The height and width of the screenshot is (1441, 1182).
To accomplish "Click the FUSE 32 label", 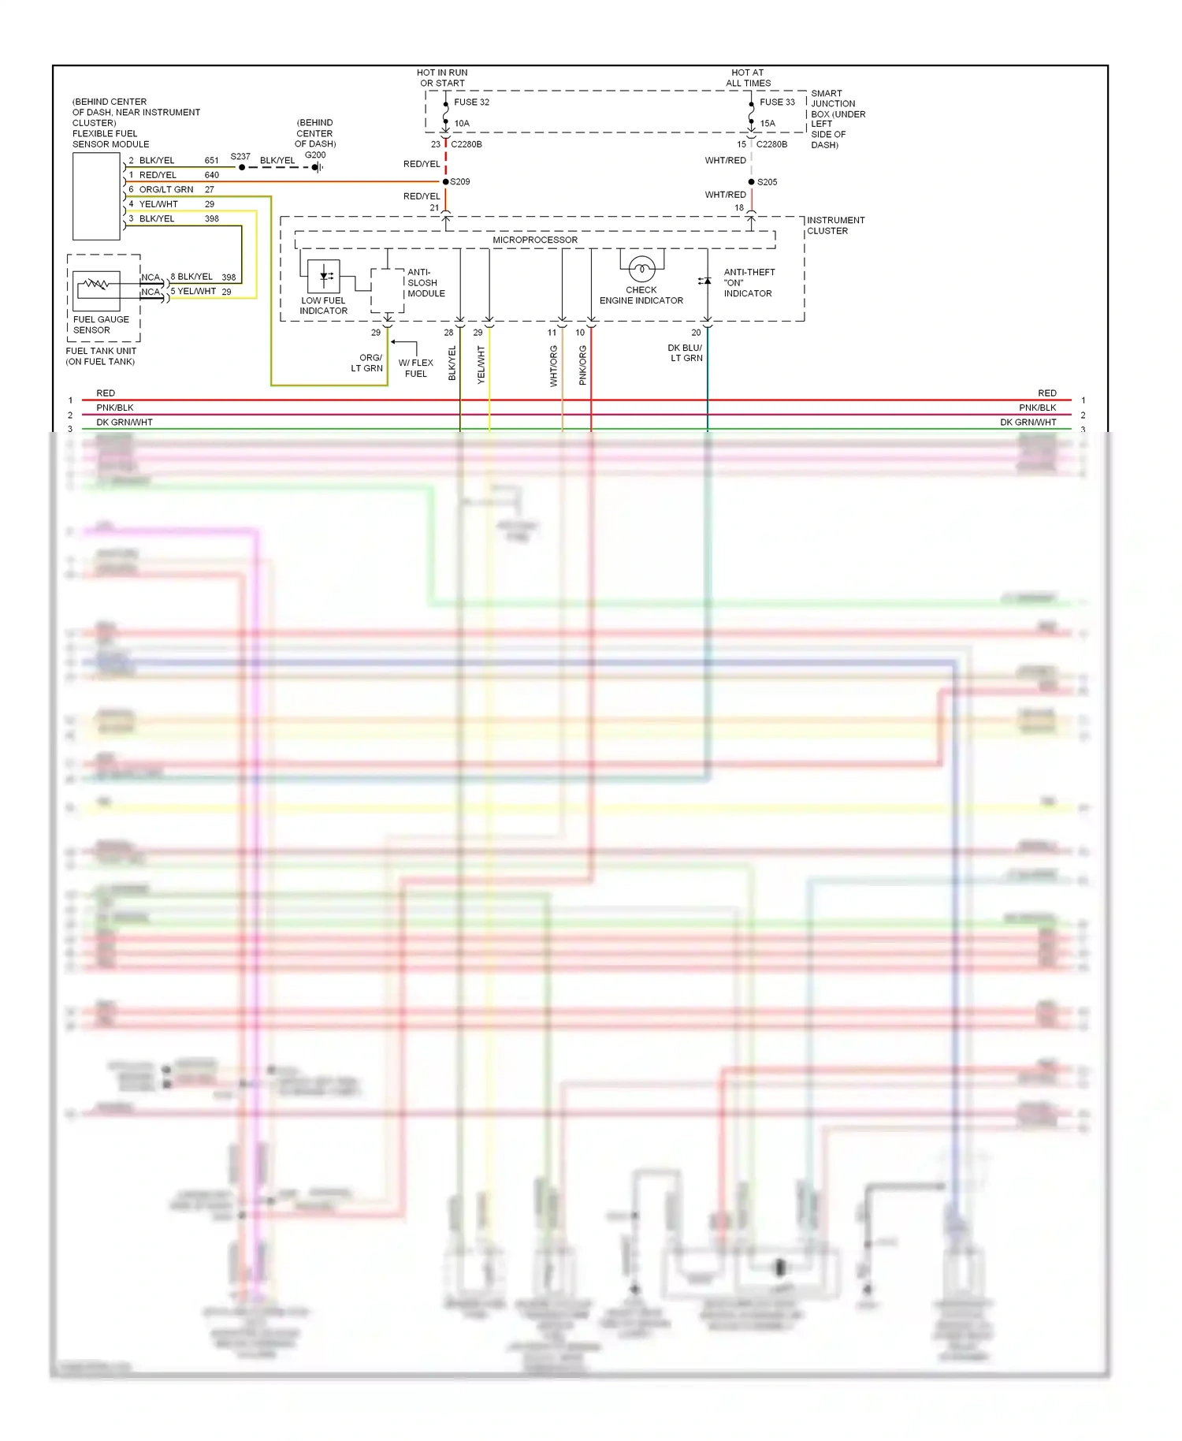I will tap(471, 102).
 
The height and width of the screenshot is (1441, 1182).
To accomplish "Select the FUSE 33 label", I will tap(777, 102).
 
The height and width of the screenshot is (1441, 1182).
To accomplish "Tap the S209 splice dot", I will tap(446, 182).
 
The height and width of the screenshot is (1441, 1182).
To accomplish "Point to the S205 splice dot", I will tap(751, 182).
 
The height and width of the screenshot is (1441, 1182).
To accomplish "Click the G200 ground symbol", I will tap(318, 167).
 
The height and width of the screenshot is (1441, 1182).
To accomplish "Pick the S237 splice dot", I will tap(242, 167).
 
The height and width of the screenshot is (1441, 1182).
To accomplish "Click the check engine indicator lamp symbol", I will tap(641, 270).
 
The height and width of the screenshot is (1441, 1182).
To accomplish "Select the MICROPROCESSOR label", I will tap(535, 240).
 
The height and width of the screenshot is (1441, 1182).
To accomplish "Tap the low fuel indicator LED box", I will tap(324, 276).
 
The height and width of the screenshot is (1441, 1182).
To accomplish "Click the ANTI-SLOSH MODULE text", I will tap(426, 283).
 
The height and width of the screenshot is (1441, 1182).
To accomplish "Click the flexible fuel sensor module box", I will tap(96, 196).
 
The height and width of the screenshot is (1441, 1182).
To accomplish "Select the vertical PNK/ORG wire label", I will tap(583, 366).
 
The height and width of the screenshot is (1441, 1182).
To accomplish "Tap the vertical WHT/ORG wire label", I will tap(554, 366).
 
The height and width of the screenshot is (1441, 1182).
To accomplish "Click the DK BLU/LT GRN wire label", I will tap(686, 353).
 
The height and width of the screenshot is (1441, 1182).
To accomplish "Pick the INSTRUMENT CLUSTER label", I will tap(835, 225).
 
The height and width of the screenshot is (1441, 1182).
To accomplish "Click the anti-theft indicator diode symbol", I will tap(706, 281).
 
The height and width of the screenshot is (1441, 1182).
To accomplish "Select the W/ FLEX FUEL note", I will tap(416, 368).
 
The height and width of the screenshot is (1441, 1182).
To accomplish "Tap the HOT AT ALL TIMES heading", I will tap(748, 77).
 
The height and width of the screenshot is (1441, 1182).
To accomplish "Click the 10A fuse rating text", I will tap(462, 124).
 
